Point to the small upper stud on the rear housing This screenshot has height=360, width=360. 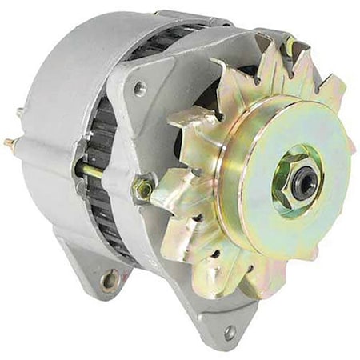18,113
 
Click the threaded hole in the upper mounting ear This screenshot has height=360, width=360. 141,89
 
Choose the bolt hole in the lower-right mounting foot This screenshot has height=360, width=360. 230,330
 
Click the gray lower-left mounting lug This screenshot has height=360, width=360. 96,268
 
